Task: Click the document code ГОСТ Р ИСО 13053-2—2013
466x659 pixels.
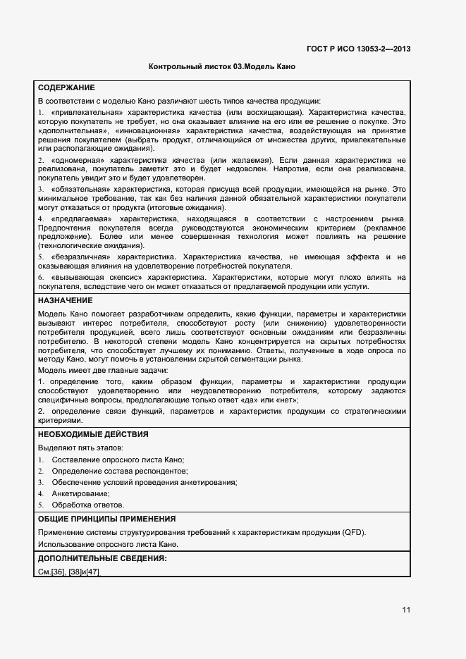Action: pyautogui.click(x=359, y=49)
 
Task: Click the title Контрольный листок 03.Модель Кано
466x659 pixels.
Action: pyautogui.click(x=221, y=67)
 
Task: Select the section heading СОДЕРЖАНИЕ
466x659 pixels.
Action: pyautogui.click(x=66, y=88)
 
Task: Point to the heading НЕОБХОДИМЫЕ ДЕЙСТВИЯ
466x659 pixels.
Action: pyautogui.click(x=92, y=434)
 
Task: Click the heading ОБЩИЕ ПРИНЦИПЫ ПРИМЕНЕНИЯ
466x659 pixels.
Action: pyautogui.click(x=106, y=519)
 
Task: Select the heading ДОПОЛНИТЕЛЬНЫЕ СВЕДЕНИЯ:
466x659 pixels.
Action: pyautogui.click(x=102, y=558)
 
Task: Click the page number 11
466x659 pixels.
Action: pyautogui.click(x=406, y=610)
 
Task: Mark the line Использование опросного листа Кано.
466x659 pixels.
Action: pyautogui.click(x=108, y=543)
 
